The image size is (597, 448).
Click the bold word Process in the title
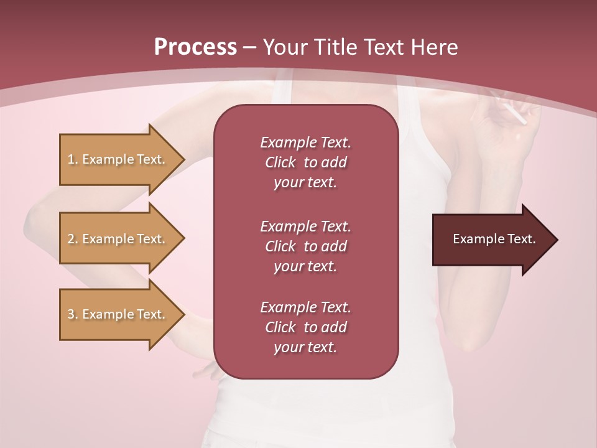[x=195, y=47]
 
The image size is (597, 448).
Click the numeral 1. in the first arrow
[x=72, y=159]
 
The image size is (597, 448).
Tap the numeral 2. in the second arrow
[x=72, y=239]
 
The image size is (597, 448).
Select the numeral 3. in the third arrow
[x=72, y=314]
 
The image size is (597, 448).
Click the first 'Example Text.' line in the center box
[x=305, y=142]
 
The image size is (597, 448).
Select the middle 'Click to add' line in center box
[x=305, y=246]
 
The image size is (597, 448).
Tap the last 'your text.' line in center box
[x=305, y=348]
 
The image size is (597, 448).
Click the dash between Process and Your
[x=250, y=47]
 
